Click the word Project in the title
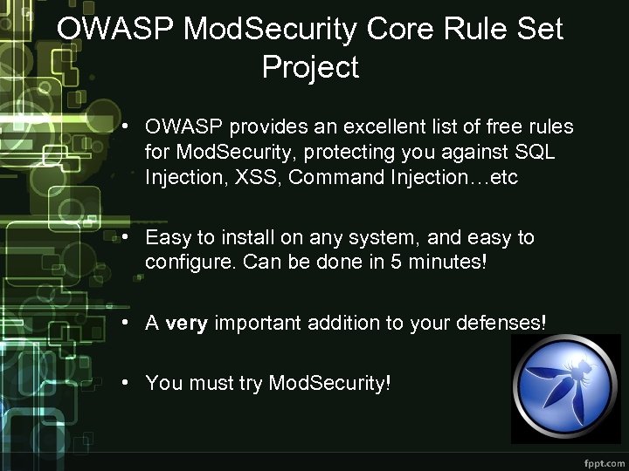[310, 67]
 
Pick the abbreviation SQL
[535, 153]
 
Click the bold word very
[186, 323]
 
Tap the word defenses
[501, 323]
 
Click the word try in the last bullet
[248, 383]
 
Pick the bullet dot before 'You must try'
[128, 383]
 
